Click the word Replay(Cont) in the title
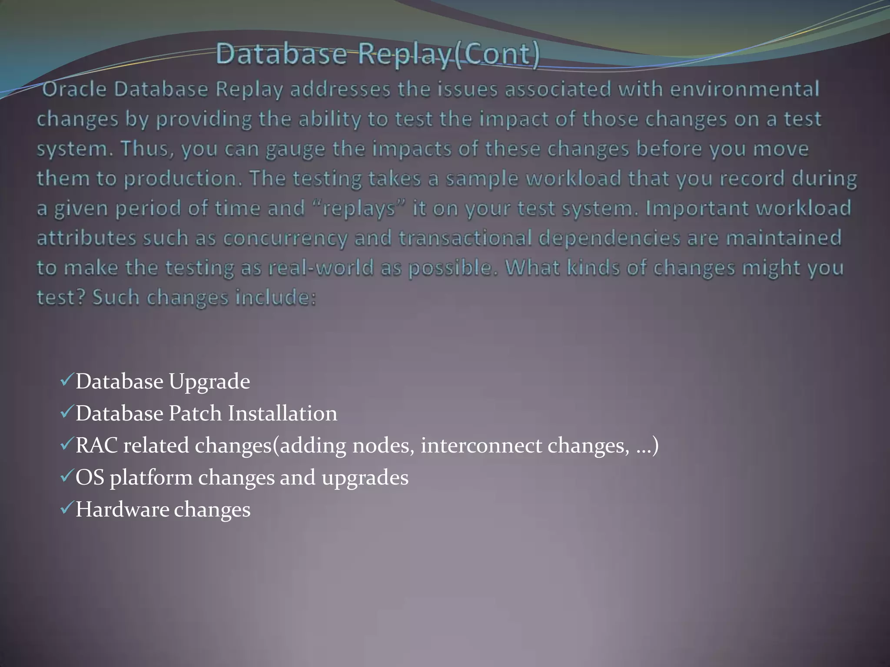click(448, 54)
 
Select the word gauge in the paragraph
click(295, 149)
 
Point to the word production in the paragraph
click(182, 179)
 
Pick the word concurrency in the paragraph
click(286, 238)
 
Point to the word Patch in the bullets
click(196, 413)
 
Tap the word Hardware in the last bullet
click(122, 509)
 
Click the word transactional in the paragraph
click(465, 238)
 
